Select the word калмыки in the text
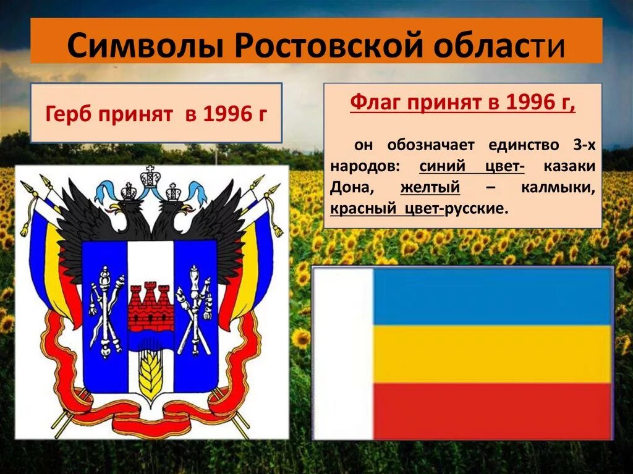[558, 187]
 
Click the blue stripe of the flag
[492, 297]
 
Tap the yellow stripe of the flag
[492, 354]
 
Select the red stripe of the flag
[492, 410]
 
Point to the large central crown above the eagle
[150, 177]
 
